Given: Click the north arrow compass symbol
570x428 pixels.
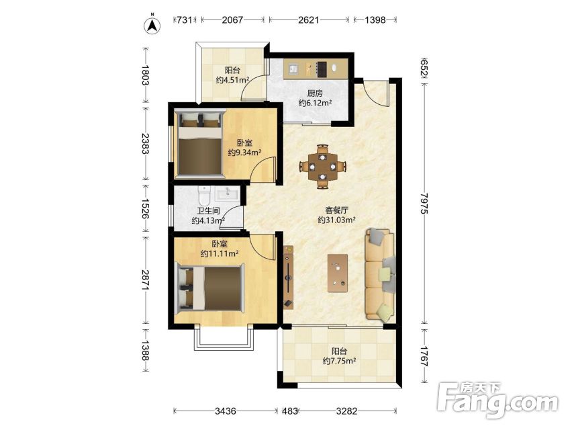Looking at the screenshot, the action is point(152,25).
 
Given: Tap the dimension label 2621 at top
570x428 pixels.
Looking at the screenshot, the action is point(308,19).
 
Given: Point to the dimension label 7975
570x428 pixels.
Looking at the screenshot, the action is point(424,204).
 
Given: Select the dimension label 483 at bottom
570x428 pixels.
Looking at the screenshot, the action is point(291,411).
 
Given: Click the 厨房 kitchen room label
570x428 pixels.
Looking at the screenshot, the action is point(315,93).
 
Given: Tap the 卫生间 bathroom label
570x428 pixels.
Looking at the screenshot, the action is point(208,211).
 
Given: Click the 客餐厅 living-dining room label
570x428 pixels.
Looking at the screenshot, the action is point(336,210).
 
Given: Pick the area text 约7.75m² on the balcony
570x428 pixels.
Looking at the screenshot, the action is point(339,361).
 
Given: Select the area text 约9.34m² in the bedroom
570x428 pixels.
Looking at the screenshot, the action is point(245,153).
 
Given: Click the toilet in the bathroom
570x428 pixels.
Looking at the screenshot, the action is point(204,196).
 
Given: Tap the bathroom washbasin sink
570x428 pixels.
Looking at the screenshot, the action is point(228,194).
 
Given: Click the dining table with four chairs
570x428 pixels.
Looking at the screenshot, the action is point(322,167).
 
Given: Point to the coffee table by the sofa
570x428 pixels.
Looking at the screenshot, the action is point(338,273).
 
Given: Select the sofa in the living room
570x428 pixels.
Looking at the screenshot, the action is point(380,274).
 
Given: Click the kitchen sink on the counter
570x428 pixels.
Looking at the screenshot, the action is point(293,69).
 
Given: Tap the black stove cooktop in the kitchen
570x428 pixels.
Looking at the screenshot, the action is point(322,69).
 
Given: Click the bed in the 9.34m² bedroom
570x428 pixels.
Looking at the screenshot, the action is point(199,144).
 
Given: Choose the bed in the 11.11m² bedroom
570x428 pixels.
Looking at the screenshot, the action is point(209,289).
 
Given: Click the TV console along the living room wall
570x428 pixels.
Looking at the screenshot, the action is point(289,277).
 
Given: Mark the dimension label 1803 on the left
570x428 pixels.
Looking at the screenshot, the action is point(146,75).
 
